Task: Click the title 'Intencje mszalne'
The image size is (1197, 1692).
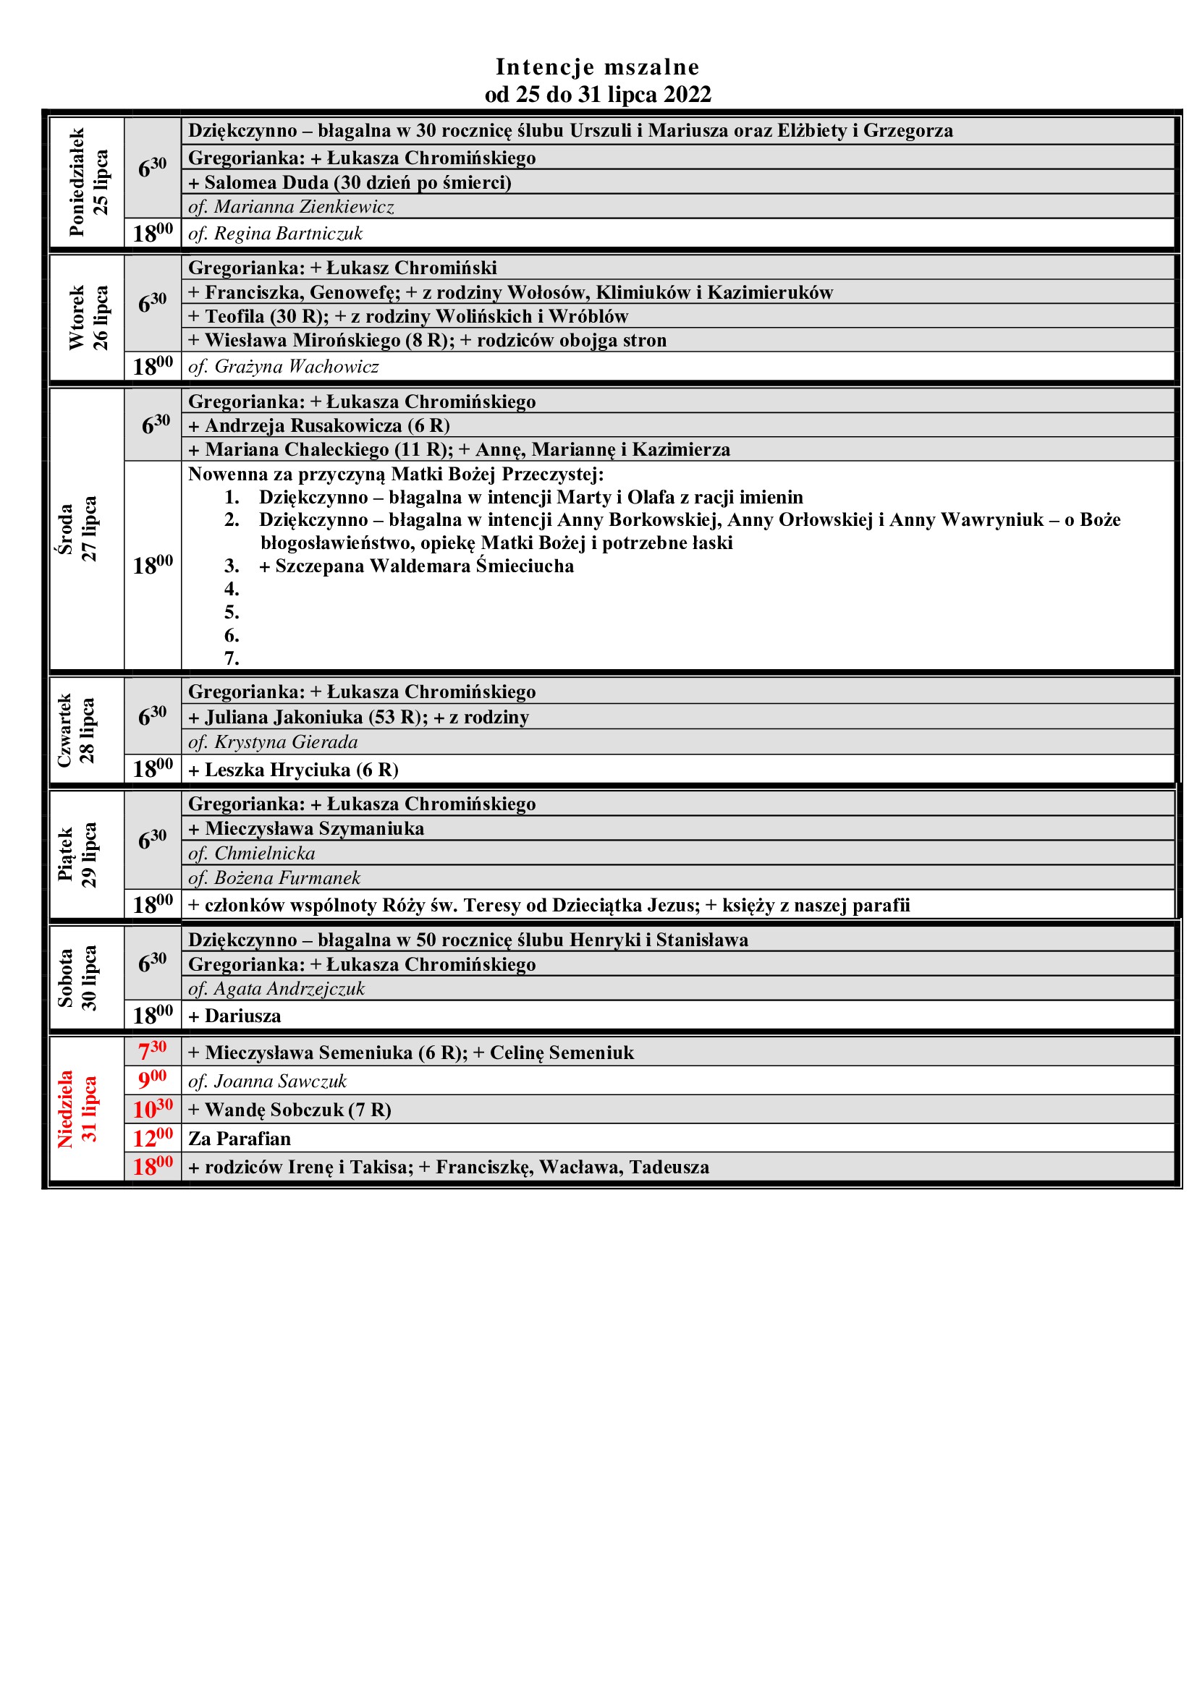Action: click(x=597, y=67)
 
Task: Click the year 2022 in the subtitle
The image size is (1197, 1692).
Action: click(x=687, y=94)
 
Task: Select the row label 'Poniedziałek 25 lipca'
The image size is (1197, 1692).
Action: click(x=88, y=182)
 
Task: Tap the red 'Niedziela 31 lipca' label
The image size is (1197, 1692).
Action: click(x=77, y=1108)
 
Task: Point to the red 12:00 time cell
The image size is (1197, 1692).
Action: click(x=153, y=1138)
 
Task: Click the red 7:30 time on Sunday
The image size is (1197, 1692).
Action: click(x=153, y=1051)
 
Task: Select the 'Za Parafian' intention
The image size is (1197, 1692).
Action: click(x=240, y=1139)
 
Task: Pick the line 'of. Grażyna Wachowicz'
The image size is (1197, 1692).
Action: click(x=283, y=366)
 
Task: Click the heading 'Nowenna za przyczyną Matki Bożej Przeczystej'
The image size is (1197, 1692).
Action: click(x=396, y=473)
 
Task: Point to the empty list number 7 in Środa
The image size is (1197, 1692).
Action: click(x=232, y=658)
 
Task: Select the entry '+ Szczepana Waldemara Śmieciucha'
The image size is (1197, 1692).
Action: click(x=416, y=566)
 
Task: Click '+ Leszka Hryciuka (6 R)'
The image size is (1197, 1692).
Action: click(x=293, y=770)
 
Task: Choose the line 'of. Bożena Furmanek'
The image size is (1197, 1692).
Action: click(x=274, y=877)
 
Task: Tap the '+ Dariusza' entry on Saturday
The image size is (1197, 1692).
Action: click(x=234, y=1016)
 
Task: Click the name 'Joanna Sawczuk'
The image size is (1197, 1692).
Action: click(x=280, y=1081)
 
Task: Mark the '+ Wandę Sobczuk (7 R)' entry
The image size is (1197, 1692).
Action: click(x=289, y=1110)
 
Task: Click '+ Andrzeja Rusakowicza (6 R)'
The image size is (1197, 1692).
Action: click(x=318, y=425)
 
